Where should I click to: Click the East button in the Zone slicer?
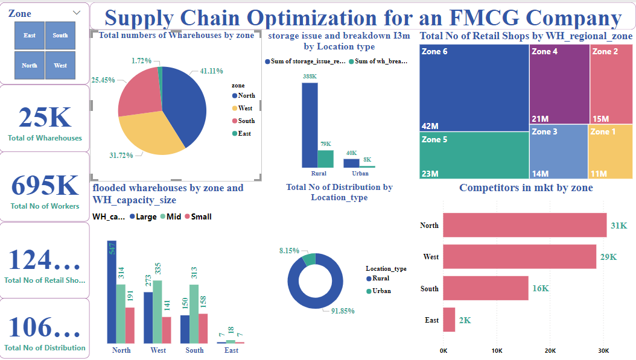point(30,36)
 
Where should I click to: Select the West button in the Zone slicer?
point(60,65)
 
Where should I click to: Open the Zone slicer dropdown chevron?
point(77,13)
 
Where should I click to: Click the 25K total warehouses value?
point(45,117)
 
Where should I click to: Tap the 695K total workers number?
point(45,185)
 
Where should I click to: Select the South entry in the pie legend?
point(246,121)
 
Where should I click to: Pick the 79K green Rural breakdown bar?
point(325,159)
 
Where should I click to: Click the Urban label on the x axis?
point(360,173)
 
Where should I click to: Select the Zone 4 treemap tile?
point(559,84)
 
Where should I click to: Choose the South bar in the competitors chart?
point(485,288)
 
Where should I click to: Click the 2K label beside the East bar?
point(465,320)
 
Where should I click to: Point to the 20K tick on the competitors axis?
point(550,351)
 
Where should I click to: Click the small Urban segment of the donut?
point(309,259)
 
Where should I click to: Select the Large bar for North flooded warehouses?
point(111,292)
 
